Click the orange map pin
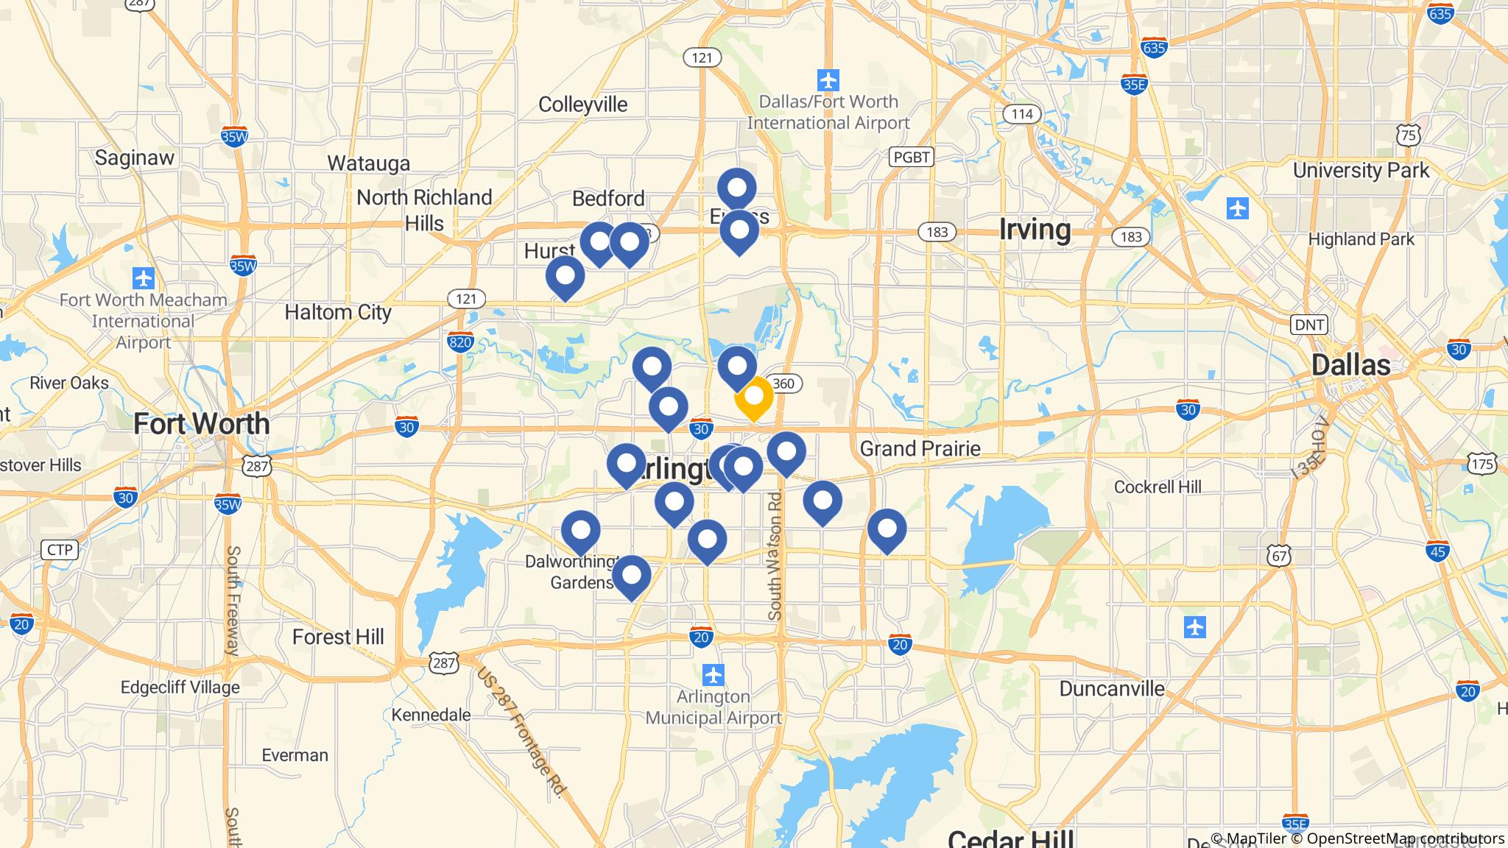coord(753,396)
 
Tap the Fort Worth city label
coord(201,424)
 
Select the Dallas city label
coord(1350,365)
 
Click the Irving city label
coord(1035,230)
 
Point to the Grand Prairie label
coord(920,448)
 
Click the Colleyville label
coord(582,105)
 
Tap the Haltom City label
coord(338,312)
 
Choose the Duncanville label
coord(1112,688)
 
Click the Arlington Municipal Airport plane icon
coord(713,674)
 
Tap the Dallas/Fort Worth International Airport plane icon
coord(828,79)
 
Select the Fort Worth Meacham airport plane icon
coord(144,279)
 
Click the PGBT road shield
coord(911,157)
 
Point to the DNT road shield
coord(1308,325)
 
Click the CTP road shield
coord(60,550)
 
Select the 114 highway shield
coord(1021,114)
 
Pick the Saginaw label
coord(135,158)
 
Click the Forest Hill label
coord(338,637)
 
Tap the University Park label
coord(1361,171)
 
